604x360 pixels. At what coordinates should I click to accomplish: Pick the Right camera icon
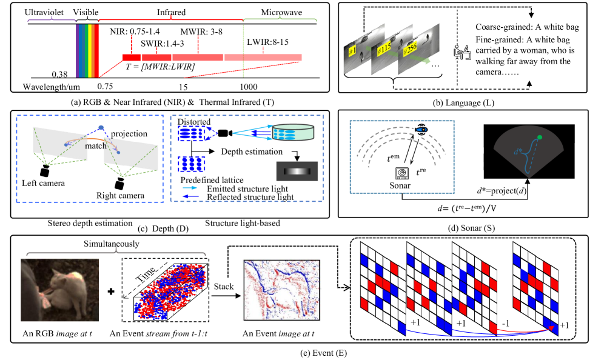pos(121,181)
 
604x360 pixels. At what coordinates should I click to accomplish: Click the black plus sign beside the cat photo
pos(112,292)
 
